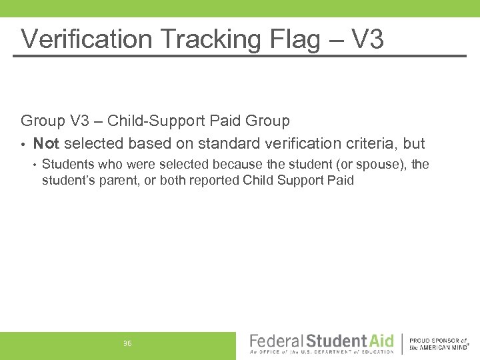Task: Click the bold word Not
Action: coord(47,143)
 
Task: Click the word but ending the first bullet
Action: coord(413,143)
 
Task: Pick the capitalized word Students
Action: coord(67,164)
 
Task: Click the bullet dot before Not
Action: coord(23,144)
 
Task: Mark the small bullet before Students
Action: coord(34,165)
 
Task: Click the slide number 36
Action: coord(127,343)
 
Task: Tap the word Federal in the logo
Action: coord(276,340)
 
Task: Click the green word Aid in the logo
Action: coord(382,340)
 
